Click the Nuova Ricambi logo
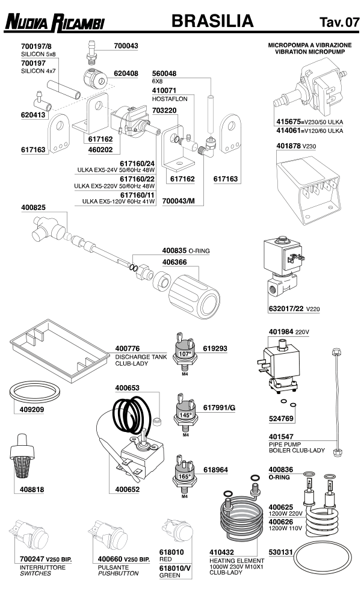click(55, 23)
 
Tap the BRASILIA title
click(212, 22)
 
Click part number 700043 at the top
click(126, 46)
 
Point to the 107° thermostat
click(185, 353)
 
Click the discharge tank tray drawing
click(57, 351)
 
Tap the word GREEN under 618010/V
click(170, 575)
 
